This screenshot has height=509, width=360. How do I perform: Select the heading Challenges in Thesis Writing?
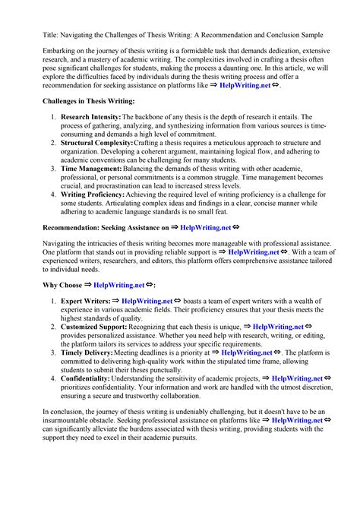(x=90, y=101)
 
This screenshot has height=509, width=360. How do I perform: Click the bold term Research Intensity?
(x=93, y=118)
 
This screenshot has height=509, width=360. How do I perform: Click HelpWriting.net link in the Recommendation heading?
(x=205, y=227)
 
